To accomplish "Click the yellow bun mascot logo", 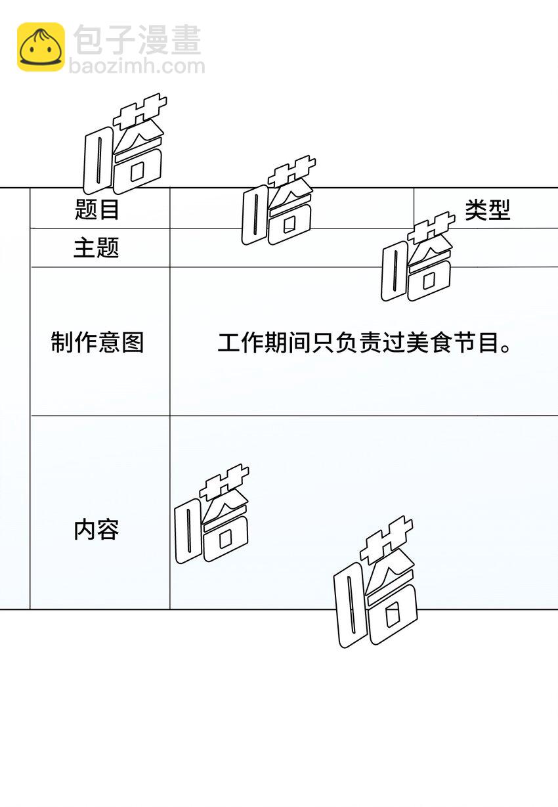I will (x=41, y=47).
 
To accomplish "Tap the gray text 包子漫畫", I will (x=137, y=39).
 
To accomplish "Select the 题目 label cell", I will (x=97, y=210).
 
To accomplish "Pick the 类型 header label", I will (x=487, y=210).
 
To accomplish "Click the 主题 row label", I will (x=96, y=248).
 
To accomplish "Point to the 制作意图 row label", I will (x=97, y=342).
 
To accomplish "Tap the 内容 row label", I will (x=96, y=529).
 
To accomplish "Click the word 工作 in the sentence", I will (x=241, y=343).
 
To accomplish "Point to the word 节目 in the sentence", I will (x=475, y=343).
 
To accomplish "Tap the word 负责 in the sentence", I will (x=358, y=343).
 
